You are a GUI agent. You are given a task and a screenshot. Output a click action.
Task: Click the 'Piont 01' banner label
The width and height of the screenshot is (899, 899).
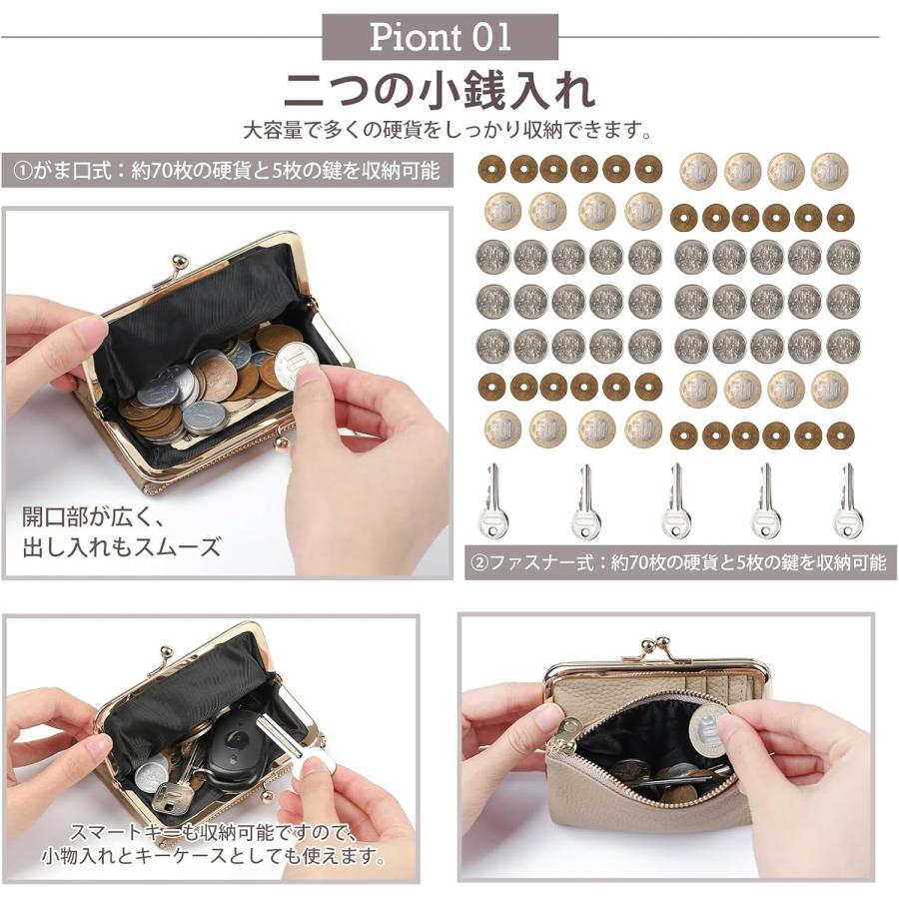440,37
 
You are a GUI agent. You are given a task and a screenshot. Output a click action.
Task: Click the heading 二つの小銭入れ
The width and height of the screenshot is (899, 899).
440,90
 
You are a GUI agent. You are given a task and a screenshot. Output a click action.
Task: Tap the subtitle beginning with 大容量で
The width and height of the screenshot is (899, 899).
449,131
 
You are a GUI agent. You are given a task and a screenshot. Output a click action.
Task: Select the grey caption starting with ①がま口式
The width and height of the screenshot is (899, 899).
226,170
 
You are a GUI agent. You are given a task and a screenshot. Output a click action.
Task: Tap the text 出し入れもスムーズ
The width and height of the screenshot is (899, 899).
121,546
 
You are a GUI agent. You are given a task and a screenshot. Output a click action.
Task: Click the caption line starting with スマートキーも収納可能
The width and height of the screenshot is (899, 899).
211,831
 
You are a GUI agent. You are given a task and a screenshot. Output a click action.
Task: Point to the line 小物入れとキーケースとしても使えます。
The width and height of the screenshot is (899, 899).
213,857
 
